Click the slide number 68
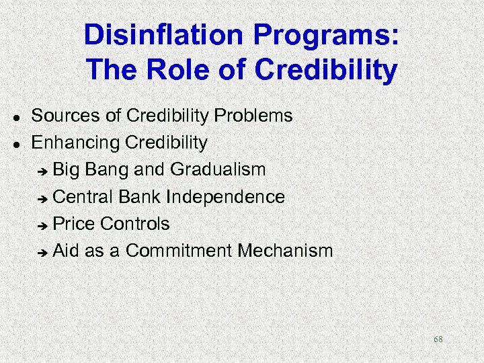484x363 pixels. coord(438,339)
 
